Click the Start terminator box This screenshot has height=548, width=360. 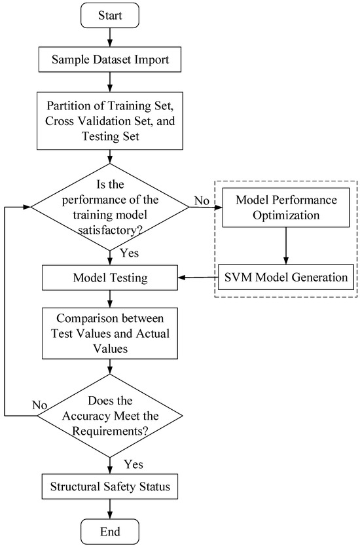click(109, 14)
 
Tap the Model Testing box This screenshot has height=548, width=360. click(109, 278)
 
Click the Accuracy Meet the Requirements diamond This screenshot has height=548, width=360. click(109, 416)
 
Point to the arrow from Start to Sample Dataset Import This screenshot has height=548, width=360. click(109, 38)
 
